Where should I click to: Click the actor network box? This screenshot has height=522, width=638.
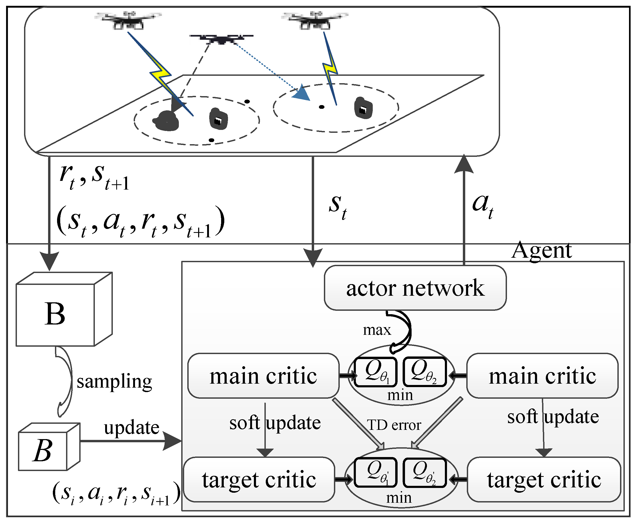[415, 288]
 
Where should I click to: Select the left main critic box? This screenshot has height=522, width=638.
[263, 376]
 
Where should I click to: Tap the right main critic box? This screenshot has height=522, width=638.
[542, 376]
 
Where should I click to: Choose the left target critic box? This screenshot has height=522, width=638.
[259, 479]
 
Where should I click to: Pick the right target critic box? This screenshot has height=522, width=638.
[544, 479]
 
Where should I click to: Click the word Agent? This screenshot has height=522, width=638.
[542, 251]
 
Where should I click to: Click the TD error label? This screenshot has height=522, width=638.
[394, 425]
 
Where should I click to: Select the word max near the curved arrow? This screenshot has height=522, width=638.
[377, 330]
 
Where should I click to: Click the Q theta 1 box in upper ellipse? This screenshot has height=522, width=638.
[376, 372]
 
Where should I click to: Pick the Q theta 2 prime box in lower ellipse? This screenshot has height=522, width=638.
[424, 472]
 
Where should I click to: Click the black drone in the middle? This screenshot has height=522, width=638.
[221, 39]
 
